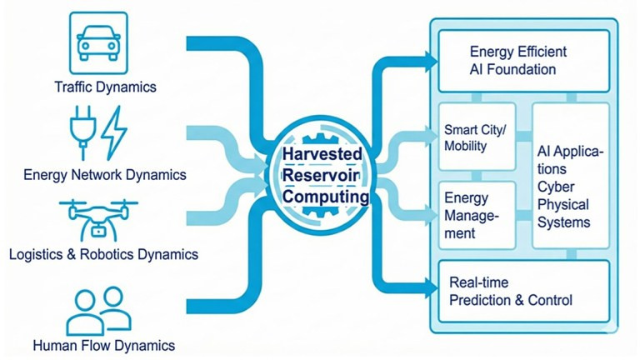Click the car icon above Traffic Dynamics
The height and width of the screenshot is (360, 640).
(x=98, y=42)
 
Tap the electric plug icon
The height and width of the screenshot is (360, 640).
(x=82, y=132)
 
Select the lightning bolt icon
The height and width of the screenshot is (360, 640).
(x=114, y=132)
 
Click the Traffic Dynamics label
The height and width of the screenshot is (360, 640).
(x=105, y=87)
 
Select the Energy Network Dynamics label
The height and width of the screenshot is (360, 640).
(x=105, y=175)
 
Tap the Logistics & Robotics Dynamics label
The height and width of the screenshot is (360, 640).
(x=103, y=254)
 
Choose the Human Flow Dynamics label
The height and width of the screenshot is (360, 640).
(x=104, y=345)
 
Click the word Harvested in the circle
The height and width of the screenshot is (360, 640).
(x=322, y=154)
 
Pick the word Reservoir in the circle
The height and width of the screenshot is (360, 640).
(x=321, y=175)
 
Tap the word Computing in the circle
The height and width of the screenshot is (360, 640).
(x=326, y=197)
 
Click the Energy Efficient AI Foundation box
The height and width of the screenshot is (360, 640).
(x=523, y=61)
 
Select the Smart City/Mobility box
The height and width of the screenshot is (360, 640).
(x=477, y=137)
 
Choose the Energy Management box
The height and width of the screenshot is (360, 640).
(x=477, y=215)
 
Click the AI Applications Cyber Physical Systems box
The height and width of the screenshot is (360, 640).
(x=571, y=176)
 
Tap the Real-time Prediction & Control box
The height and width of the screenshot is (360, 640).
(x=523, y=291)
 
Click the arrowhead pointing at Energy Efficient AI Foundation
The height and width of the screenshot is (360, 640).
(x=431, y=62)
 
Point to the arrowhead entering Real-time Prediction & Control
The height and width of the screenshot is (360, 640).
(x=431, y=287)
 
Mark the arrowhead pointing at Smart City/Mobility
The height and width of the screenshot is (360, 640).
(x=431, y=137)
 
